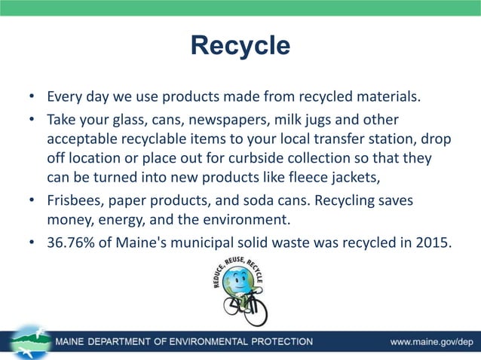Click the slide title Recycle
pos(240,45)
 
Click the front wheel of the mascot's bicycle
pos(256,312)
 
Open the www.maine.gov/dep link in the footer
pos(430,342)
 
